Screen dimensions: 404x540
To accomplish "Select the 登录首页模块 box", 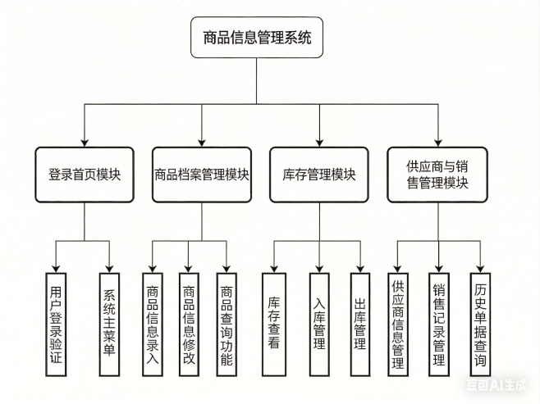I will point(85,174).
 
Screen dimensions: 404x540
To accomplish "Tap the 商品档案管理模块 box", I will point(202,174).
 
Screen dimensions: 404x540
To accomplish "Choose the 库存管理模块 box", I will point(319,174).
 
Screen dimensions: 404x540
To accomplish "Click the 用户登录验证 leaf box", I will point(55,324).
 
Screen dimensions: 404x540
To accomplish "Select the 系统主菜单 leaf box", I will point(109,324).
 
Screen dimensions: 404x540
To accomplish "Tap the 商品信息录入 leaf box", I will point(152,324).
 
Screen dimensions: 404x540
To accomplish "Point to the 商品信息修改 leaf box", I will point(190,324).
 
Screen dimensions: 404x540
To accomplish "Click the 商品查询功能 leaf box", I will point(227,324).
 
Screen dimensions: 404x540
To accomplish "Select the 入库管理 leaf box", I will point(320,324).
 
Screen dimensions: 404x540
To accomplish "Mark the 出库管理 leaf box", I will point(359,324).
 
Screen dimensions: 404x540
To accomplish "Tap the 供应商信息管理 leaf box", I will point(399,324).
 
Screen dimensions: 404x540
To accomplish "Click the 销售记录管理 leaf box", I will point(438,324).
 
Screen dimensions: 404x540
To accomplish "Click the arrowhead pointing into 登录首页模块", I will point(85,140).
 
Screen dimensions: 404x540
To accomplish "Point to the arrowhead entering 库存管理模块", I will point(319,140).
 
